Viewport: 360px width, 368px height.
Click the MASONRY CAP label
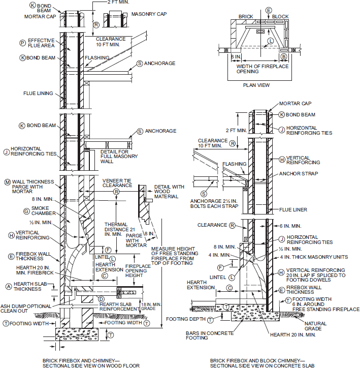tap(148, 14)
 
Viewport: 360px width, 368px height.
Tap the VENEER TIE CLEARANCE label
tap(117, 182)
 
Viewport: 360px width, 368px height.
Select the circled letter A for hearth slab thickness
tap(8, 287)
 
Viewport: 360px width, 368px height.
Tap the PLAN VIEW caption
tap(256, 85)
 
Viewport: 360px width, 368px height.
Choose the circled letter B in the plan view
tap(284, 56)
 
